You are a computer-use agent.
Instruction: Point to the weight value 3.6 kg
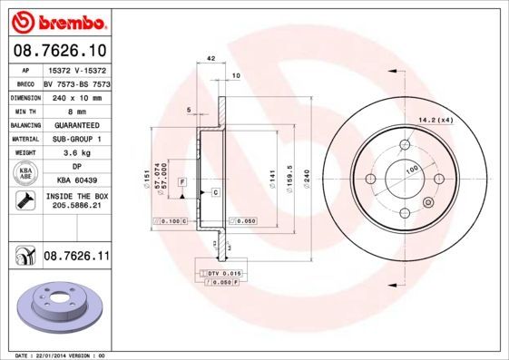pos(77,153)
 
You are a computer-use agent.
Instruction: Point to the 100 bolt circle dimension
pos(412,170)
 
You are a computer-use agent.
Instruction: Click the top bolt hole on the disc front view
pos(405,145)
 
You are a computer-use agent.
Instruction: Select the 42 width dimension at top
pos(210,58)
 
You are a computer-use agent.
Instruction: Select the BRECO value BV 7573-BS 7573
pos(77,83)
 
